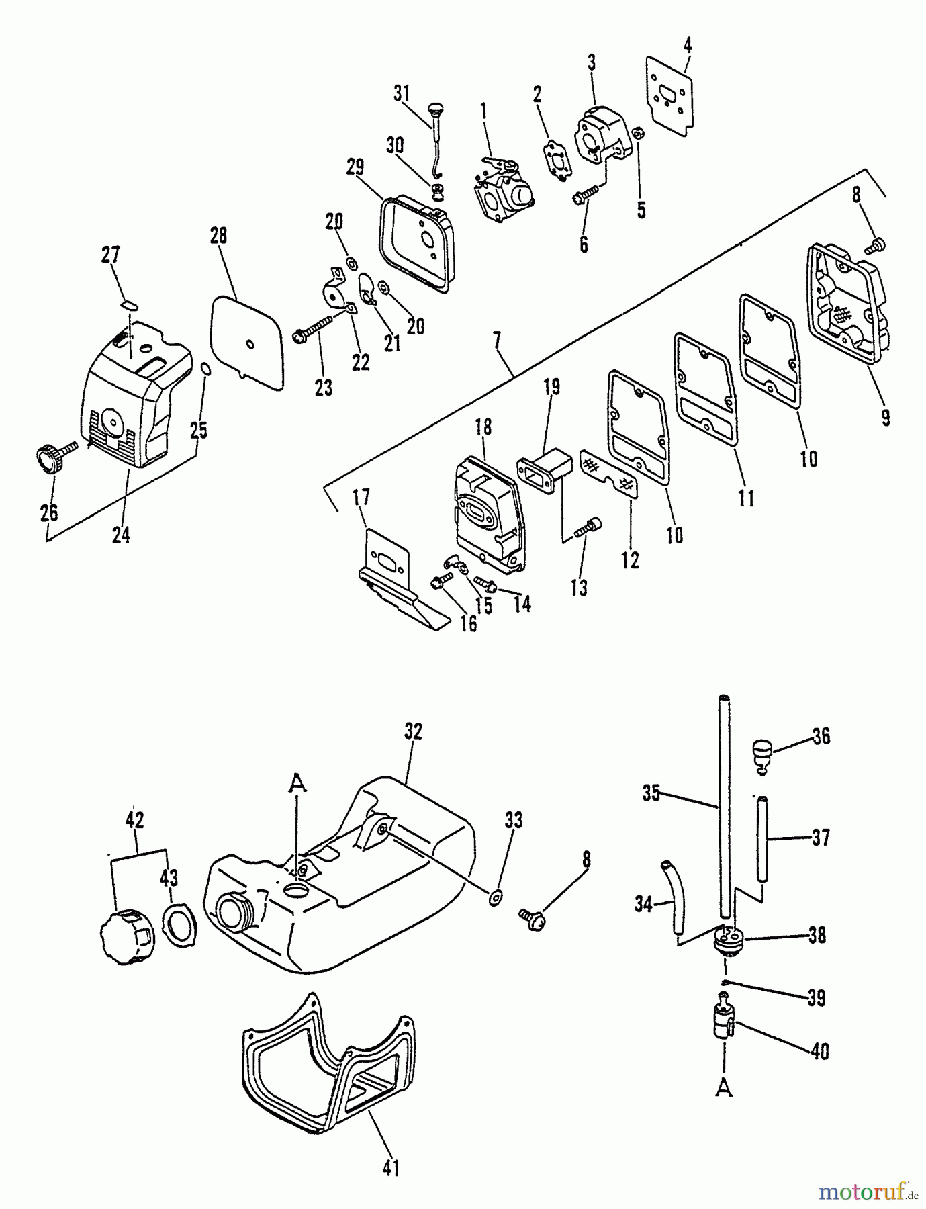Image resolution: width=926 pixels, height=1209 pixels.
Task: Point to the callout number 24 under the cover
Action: [121, 535]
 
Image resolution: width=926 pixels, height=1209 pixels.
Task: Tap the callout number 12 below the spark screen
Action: [629, 559]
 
